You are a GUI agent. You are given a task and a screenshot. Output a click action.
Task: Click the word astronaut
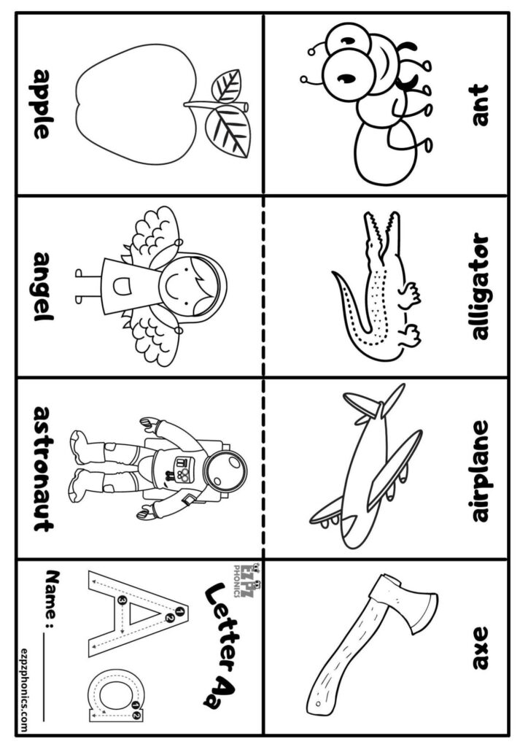point(42,468)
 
